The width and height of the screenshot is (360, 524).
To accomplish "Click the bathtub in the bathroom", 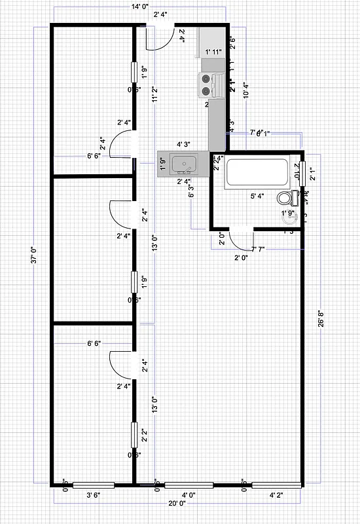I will coord(257,174).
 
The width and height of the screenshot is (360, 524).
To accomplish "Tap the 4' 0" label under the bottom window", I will coord(189,496).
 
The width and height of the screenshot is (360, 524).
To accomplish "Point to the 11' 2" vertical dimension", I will coord(155,96).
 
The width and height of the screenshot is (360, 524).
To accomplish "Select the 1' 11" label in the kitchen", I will coord(214,52).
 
